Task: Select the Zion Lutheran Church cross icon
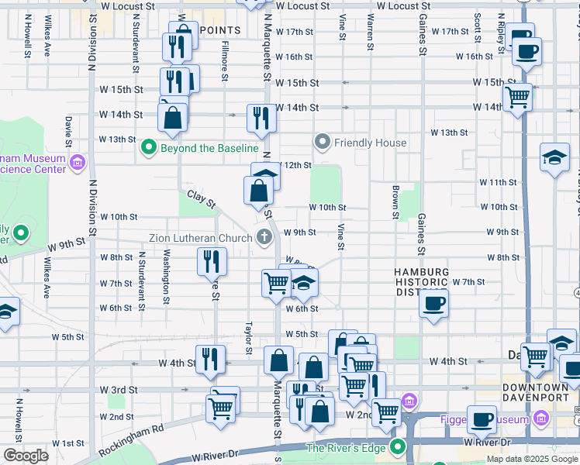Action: (x=264, y=237)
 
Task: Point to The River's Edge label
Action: (x=350, y=448)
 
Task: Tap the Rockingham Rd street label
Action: (x=136, y=428)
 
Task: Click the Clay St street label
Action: (x=200, y=199)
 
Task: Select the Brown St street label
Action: (x=395, y=201)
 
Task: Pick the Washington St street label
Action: (x=167, y=276)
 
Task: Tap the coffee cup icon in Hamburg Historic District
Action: (x=434, y=301)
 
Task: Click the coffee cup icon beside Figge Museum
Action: (x=482, y=419)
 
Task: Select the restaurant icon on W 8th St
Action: (x=212, y=262)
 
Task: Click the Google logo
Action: (x=26, y=456)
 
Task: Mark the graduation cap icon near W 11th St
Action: (x=554, y=158)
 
